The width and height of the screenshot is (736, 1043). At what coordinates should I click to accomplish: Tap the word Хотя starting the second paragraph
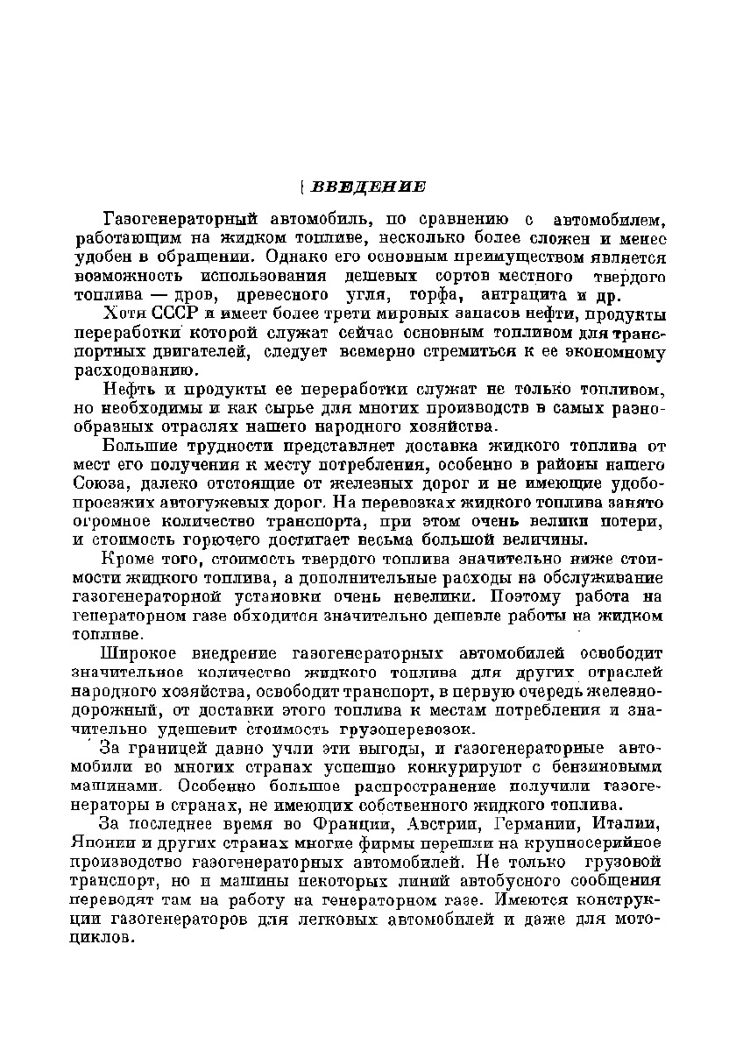pos(126,314)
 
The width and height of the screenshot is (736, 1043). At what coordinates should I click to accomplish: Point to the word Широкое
pos(139,653)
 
